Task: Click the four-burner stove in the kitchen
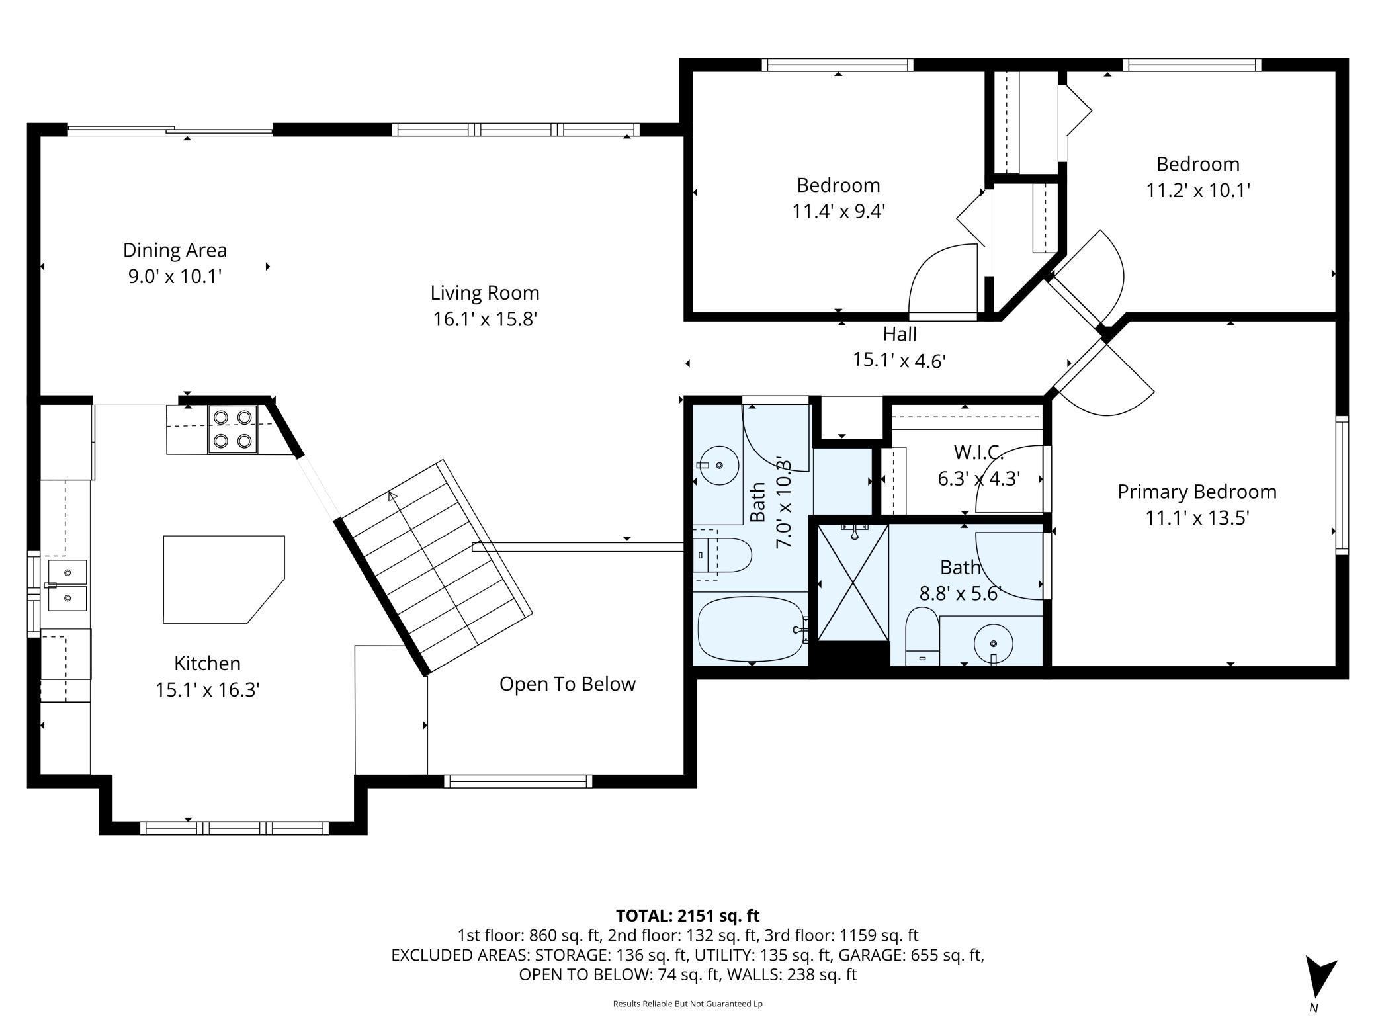[232, 429]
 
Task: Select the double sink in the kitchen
[67, 584]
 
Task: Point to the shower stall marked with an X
[853, 583]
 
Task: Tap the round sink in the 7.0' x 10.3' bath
[718, 466]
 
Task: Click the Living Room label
[484, 292]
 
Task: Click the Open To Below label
[567, 684]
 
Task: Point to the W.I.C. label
[978, 452]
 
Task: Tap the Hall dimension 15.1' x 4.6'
[898, 361]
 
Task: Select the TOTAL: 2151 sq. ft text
[687, 916]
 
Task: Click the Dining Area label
[175, 250]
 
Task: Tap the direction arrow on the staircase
[394, 497]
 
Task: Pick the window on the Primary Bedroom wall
[1342, 486]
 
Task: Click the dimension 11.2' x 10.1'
[1197, 191]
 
